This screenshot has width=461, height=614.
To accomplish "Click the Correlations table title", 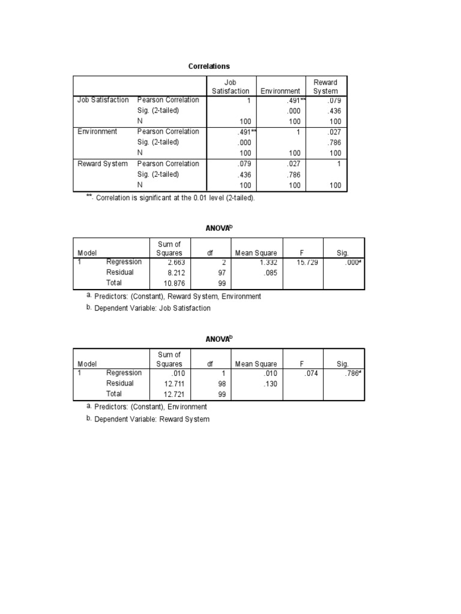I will tap(209, 66).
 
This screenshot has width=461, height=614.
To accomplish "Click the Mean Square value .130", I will tap(270, 384).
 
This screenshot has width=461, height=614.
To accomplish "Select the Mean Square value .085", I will tap(270, 272).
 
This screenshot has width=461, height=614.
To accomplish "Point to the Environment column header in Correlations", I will tap(280, 91).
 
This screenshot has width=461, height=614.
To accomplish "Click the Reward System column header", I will tap(325, 86).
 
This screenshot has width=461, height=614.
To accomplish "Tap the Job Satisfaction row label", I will tap(103, 100).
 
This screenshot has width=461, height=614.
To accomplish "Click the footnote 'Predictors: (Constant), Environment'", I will tap(150, 407).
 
